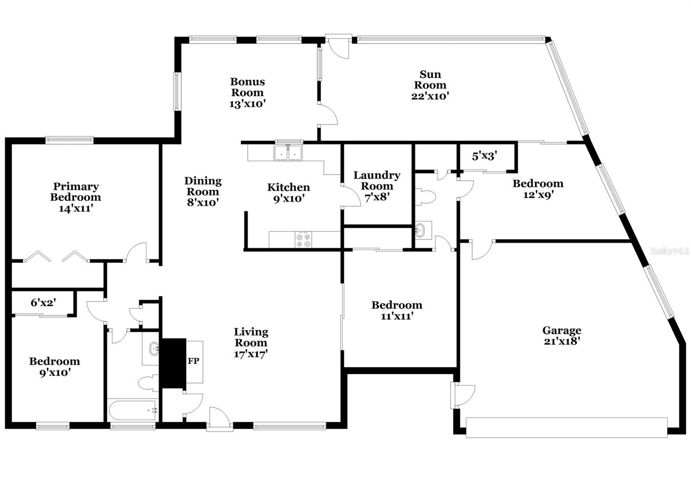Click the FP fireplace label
click(x=193, y=361)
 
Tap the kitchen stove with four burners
click(x=304, y=240)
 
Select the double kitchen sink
click(x=288, y=152)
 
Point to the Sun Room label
click(x=430, y=79)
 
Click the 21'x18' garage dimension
click(x=562, y=341)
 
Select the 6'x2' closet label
click(x=43, y=303)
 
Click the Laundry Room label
click(x=377, y=180)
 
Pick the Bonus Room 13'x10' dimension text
click(x=247, y=104)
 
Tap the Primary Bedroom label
click(x=76, y=192)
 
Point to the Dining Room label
click(x=203, y=186)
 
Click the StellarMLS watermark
click(x=669, y=251)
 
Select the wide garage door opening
click(x=567, y=427)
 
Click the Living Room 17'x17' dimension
click(x=251, y=354)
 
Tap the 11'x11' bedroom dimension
click(x=397, y=316)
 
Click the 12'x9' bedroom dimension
click(x=538, y=195)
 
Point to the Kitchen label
click(x=288, y=187)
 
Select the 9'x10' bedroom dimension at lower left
click(x=55, y=373)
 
